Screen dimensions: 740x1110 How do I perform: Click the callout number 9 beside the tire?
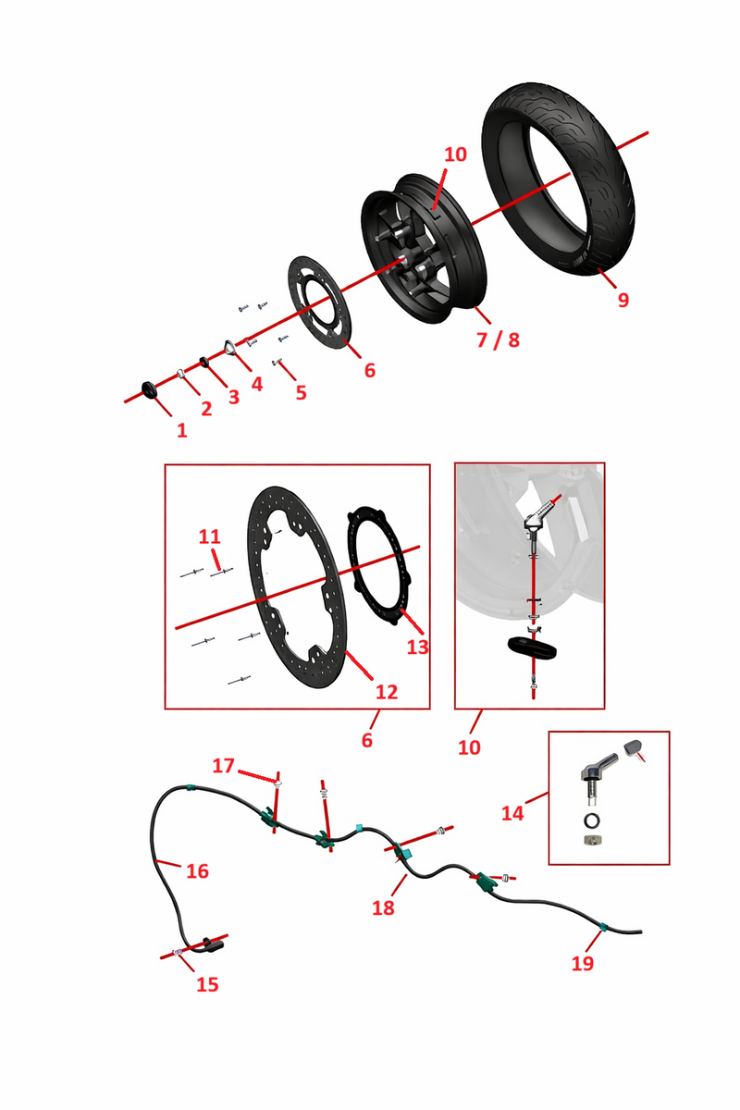click(x=623, y=300)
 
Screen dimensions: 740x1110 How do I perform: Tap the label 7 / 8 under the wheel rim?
click(x=498, y=340)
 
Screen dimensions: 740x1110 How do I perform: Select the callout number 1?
click(x=182, y=431)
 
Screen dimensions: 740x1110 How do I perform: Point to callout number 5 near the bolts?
click(x=301, y=392)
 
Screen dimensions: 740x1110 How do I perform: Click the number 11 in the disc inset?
click(x=209, y=536)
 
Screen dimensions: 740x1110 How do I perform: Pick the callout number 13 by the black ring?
click(x=417, y=647)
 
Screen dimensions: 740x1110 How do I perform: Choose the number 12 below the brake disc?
click(x=387, y=692)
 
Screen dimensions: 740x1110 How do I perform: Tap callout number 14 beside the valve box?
click(x=512, y=813)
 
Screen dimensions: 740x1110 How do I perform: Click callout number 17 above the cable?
click(x=223, y=766)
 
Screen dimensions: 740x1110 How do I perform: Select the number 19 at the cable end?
click(x=583, y=963)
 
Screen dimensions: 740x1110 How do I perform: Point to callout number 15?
click(x=207, y=984)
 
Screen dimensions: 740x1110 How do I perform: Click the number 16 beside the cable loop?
click(x=197, y=871)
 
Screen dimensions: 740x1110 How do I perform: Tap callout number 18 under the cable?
click(x=383, y=907)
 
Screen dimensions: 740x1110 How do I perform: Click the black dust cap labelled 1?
click(x=149, y=389)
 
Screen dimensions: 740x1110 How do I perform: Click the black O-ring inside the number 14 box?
click(x=592, y=820)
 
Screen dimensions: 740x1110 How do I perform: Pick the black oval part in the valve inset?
click(x=532, y=648)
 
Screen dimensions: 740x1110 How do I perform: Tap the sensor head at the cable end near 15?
click(x=214, y=943)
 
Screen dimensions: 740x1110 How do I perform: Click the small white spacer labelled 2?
click(x=181, y=373)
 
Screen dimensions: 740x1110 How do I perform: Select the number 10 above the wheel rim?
click(x=455, y=154)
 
